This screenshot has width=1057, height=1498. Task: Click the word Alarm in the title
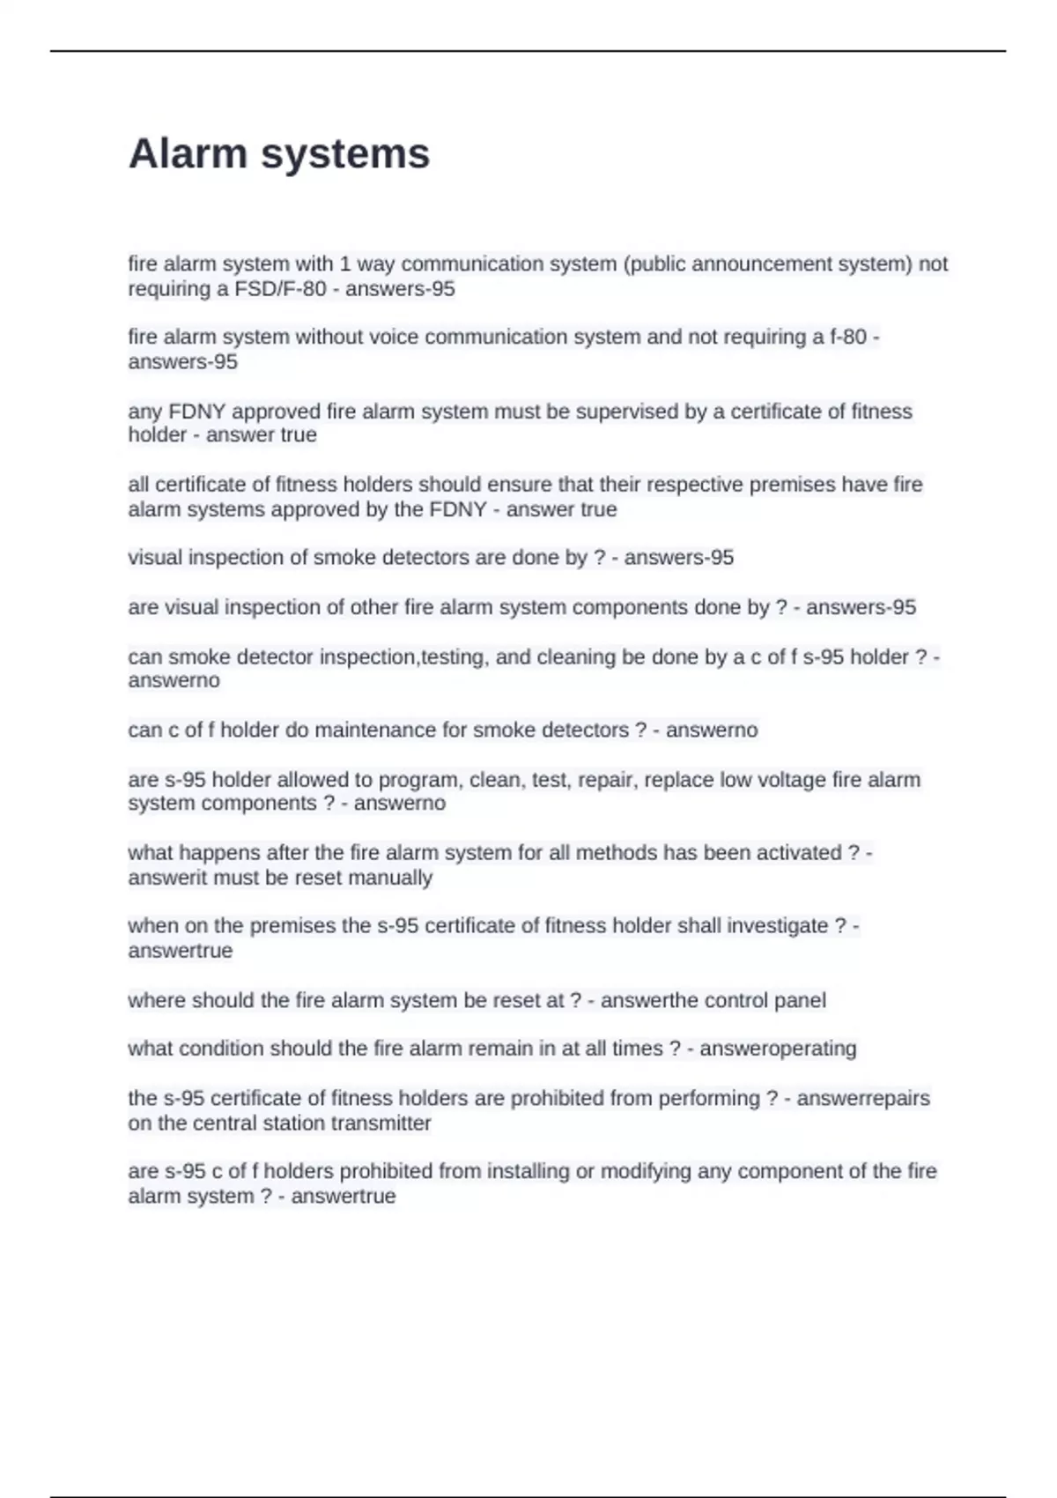(188, 153)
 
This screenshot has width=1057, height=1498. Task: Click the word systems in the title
(345, 155)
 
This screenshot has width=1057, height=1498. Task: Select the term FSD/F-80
(280, 289)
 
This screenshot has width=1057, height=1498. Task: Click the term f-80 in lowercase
(848, 337)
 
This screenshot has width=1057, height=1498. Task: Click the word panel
(800, 1001)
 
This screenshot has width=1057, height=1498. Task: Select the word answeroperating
(778, 1049)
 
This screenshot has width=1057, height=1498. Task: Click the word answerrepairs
(863, 1099)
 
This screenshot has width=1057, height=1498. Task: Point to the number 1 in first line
(345, 264)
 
